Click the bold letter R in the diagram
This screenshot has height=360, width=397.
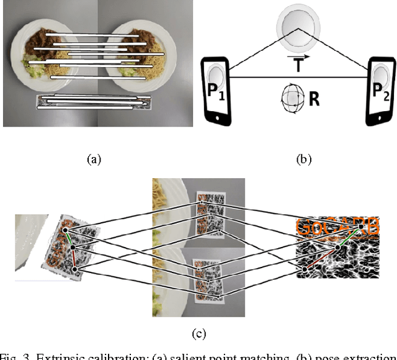pos(314,99)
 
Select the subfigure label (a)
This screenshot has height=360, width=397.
pos(93,159)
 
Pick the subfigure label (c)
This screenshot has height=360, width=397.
pos(198,335)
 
